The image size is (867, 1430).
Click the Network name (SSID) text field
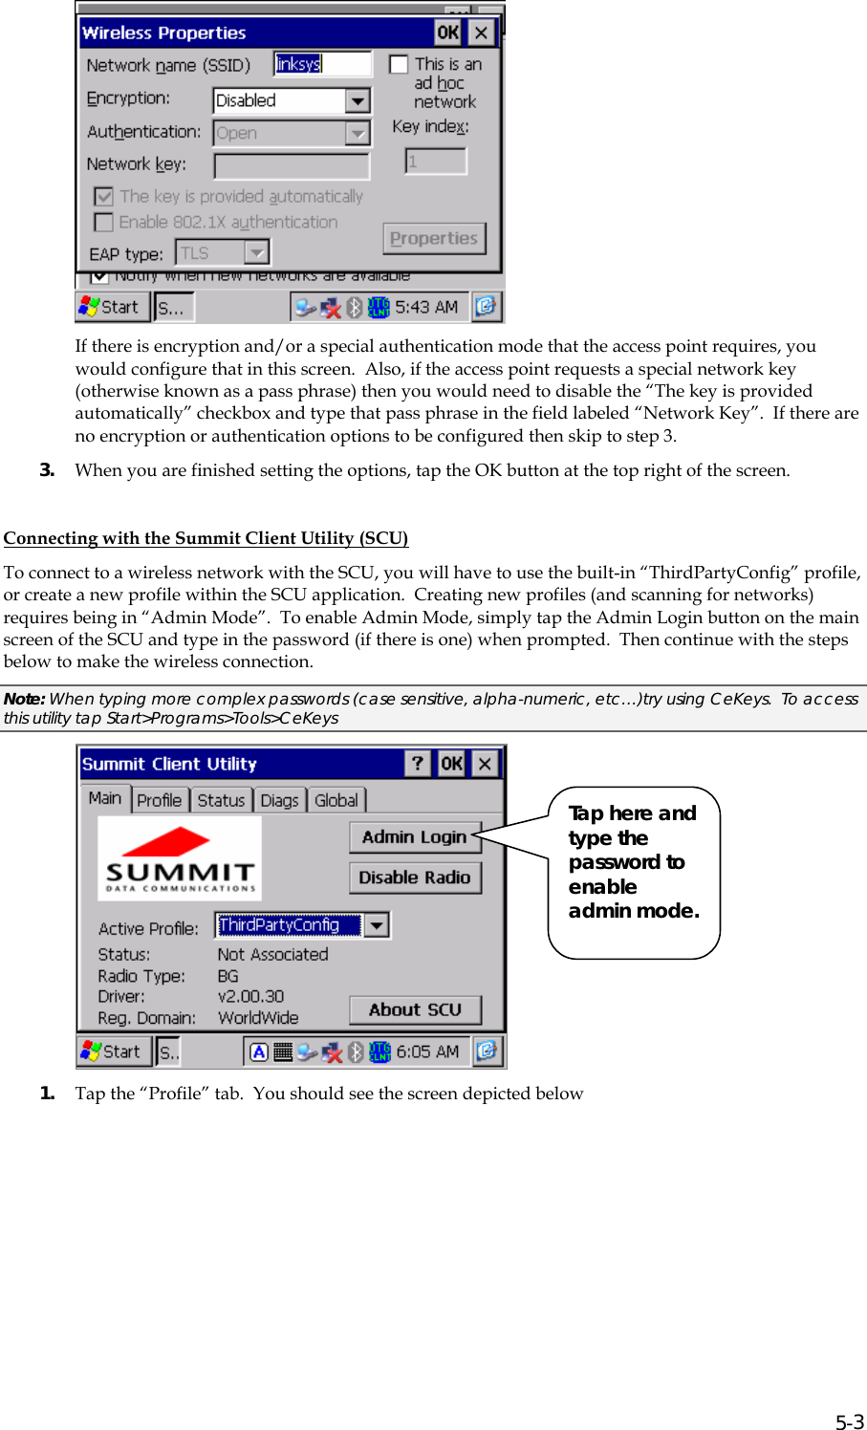click(x=322, y=64)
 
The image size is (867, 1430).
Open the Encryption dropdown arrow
click(x=358, y=100)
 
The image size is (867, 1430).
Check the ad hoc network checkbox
click(x=400, y=65)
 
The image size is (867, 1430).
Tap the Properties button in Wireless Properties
click(x=434, y=239)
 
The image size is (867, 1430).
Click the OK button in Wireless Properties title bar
click(x=447, y=32)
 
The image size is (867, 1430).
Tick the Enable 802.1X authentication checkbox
click(x=104, y=223)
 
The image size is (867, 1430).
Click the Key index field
click(x=435, y=162)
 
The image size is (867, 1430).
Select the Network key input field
click(x=292, y=166)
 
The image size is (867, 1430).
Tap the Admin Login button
click(x=414, y=837)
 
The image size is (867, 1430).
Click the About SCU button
click(x=414, y=1010)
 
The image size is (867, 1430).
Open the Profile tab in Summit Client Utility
click(x=159, y=800)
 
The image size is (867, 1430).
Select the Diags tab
click(x=279, y=800)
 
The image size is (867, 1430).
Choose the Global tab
click(x=336, y=800)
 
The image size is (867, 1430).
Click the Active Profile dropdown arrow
click(x=378, y=925)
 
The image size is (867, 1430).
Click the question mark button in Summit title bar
click(x=417, y=764)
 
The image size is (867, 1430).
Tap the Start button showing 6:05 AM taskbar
click(x=113, y=1051)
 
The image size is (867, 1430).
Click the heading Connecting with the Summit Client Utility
click(x=206, y=538)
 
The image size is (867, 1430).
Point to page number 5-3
click(x=849, y=1421)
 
